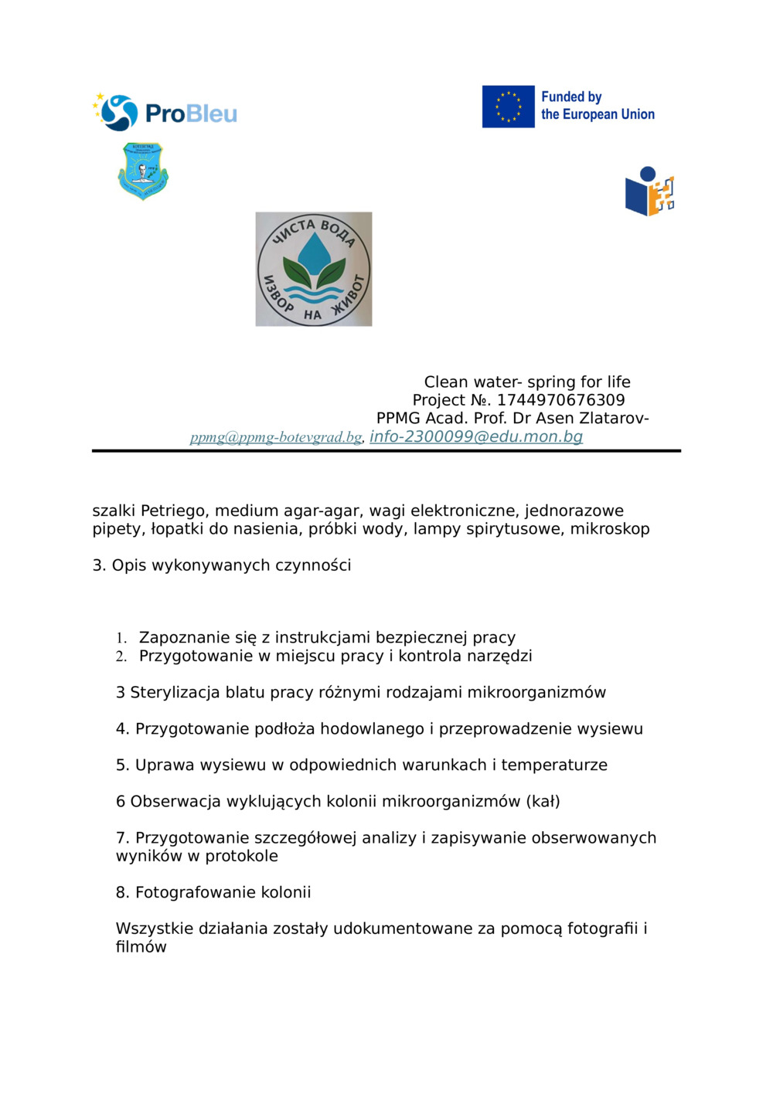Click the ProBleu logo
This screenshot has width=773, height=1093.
coord(165,113)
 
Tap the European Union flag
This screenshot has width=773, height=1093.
coord(508,107)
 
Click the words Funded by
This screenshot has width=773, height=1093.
coord(571,97)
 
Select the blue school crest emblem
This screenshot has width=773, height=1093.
coord(143,171)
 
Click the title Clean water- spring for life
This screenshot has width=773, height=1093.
coord(527,382)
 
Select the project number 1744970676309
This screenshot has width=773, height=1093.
coord(560,400)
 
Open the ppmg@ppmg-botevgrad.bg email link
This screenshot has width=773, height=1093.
coord(276,437)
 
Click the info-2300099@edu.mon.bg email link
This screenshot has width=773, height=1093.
coord(476,436)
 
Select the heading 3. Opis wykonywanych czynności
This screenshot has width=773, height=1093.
coord(222,565)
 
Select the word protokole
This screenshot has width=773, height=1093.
coord(241,857)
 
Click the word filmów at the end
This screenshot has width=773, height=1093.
coord(141,947)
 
